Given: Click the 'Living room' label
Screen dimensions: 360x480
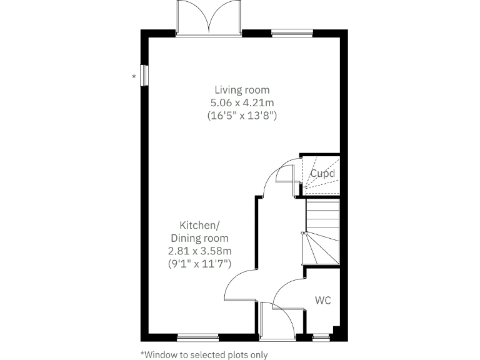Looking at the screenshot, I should tap(242, 90).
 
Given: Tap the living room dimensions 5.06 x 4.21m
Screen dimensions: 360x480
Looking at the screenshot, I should tap(242, 102).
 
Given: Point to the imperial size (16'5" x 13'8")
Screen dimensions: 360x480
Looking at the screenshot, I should tap(242, 116).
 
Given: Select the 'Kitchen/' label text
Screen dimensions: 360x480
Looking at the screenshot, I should tap(199, 225).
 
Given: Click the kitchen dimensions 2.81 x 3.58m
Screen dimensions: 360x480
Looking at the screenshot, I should tap(199, 251).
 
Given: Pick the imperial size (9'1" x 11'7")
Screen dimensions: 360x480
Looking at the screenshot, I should tap(199, 264).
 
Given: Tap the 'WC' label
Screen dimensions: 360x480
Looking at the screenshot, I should tap(322, 301).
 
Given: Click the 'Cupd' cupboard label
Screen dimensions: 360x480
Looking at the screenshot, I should tap(323, 174).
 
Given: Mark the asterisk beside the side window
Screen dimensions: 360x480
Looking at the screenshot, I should tap(134, 76).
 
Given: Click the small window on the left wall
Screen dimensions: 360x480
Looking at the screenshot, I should tap(144, 75).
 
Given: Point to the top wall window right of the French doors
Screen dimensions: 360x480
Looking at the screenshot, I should tap(292, 32).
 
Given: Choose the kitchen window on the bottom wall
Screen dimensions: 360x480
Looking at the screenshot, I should tap(197, 337).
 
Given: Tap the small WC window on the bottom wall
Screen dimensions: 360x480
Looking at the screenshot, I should tap(321, 337).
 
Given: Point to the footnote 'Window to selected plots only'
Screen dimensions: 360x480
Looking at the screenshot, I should tap(204, 354).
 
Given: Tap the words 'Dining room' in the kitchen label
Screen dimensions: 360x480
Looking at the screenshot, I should tap(199, 238).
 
